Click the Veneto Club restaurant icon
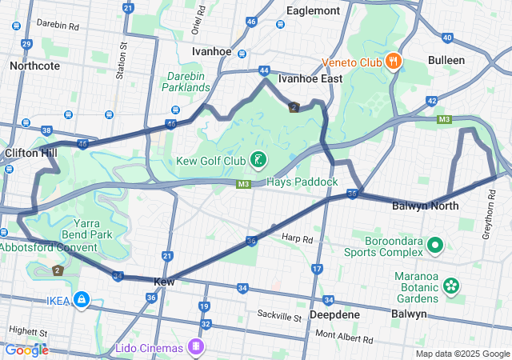pos(393,62)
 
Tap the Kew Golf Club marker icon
pos(258,161)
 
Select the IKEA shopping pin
pos(80,300)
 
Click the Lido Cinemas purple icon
pos(194,346)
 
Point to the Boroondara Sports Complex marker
pos(435,245)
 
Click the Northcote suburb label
pos(34,66)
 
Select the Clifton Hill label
pos(30,152)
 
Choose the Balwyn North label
pos(425,206)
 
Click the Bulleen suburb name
pos(468,60)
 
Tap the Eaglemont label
pos(314,10)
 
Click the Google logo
pos(26,350)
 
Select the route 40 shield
pos(447,38)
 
